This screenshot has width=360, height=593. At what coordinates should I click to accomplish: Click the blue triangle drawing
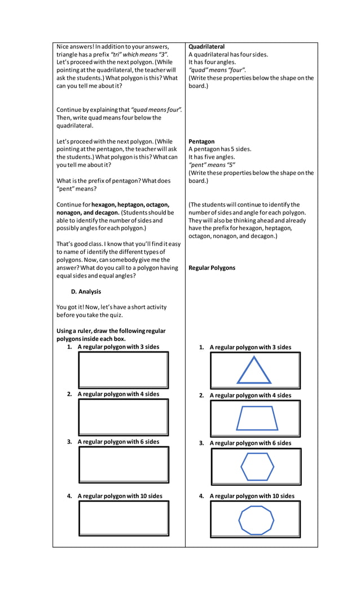click(x=253, y=371)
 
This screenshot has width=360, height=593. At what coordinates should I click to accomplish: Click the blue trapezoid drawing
click(x=257, y=419)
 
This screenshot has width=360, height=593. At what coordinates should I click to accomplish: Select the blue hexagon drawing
click(x=257, y=467)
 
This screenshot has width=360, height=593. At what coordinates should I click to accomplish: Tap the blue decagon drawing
click(x=256, y=520)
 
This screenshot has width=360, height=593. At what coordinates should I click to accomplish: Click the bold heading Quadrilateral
click(x=207, y=47)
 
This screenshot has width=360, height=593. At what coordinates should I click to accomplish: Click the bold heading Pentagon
click(x=201, y=142)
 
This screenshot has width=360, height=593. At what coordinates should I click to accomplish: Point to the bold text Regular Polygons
click(x=212, y=268)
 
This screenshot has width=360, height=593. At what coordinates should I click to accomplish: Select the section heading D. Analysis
click(x=86, y=292)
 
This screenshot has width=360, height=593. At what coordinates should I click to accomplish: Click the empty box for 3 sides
click(x=124, y=370)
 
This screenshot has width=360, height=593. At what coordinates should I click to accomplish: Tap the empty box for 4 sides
click(x=124, y=417)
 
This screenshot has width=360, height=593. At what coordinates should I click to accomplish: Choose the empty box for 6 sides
click(x=124, y=464)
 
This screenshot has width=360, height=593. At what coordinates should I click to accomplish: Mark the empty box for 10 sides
click(x=124, y=518)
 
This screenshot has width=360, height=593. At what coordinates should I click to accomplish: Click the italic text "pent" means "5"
click(x=212, y=165)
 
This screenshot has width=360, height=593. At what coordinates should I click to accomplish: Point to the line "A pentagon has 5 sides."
click(x=220, y=150)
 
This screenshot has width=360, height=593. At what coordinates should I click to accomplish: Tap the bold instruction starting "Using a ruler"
click(x=111, y=331)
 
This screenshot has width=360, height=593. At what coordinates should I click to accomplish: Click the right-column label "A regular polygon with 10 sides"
click(x=252, y=497)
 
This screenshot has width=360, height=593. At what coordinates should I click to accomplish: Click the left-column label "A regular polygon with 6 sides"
click(x=118, y=442)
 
